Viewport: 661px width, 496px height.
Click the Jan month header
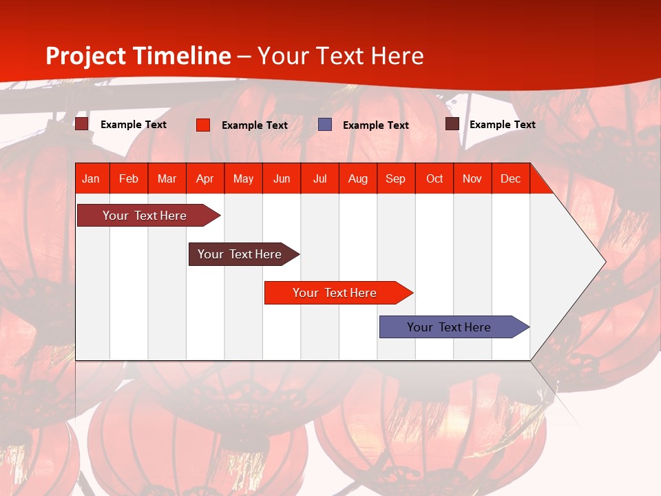coord(91,178)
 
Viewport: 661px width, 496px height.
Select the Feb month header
coord(129,178)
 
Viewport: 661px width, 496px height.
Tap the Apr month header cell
coord(205,178)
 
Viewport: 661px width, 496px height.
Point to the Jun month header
coord(282,178)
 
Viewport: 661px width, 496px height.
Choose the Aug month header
coord(358,178)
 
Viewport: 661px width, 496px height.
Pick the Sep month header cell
coord(396,178)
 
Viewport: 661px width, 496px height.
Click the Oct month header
coord(434,178)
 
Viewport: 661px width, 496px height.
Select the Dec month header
coord(511,178)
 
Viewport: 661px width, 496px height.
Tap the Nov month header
coord(472,178)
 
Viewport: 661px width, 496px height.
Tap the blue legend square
coord(325,125)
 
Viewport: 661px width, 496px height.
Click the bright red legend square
coord(203,125)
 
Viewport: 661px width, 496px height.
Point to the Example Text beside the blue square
coord(376,125)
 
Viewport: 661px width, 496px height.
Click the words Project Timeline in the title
coord(138,56)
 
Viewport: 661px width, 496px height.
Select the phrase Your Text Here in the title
coord(341,56)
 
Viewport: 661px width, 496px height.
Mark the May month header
coord(243,178)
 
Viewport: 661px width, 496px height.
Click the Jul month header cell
coord(320,178)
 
